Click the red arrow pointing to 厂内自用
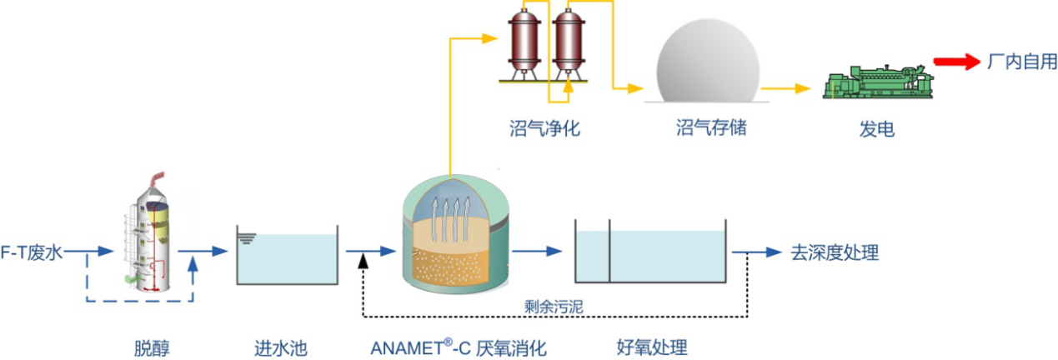tap(955, 62)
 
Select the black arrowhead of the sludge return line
tap(363, 262)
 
